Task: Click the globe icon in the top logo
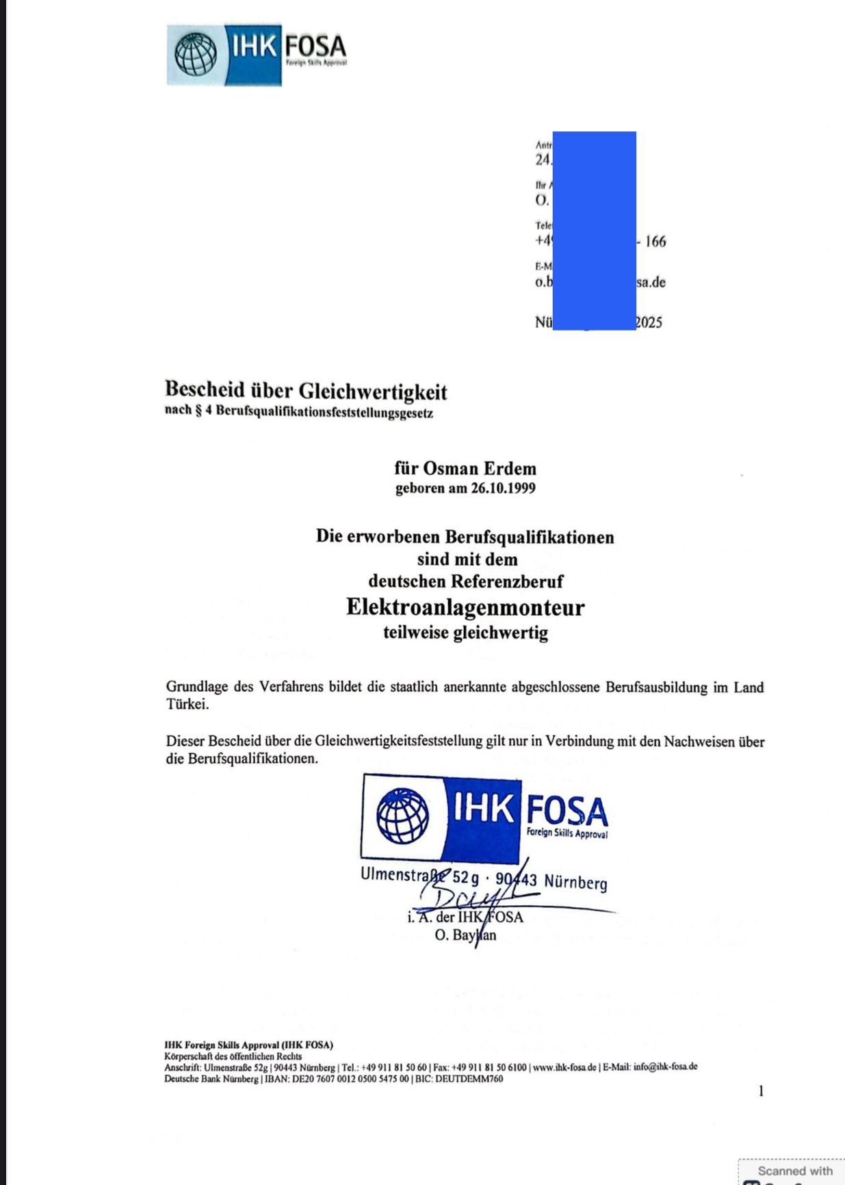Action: pos(196,55)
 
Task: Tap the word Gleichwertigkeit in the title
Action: pos(374,391)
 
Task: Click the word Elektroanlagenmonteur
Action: pos(465,608)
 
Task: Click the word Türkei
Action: pos(187,705)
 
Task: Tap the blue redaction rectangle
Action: pos(594,231)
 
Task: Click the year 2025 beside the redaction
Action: pos(649,323)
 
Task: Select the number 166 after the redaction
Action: pos(655,242)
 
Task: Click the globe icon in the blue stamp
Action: pos(403,816)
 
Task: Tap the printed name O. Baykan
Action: pos(465,935)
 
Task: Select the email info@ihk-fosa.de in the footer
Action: pos(665,1067)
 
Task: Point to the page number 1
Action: pos(761,1091)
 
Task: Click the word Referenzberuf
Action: pos(506,582)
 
